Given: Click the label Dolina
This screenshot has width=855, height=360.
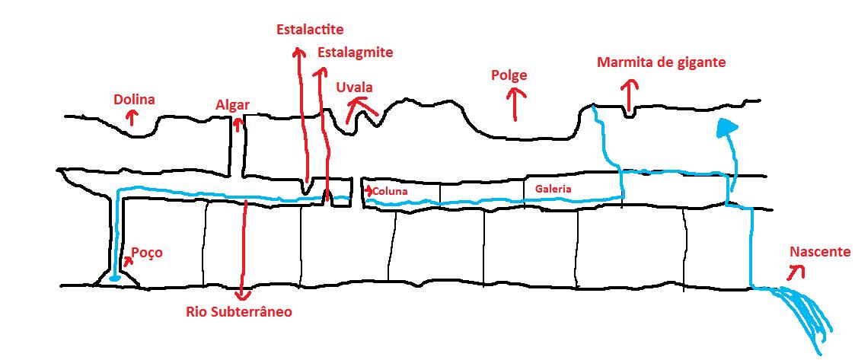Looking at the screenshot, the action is pos(134,100).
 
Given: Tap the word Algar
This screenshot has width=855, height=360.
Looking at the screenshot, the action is pos(233,105).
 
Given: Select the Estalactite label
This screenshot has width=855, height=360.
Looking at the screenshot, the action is pos(311,29).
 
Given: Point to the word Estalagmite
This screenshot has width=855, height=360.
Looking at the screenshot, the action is pos(355,53).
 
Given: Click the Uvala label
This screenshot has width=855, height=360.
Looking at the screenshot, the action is pos(354,88).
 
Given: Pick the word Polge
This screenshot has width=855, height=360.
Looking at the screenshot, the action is pos(509,75).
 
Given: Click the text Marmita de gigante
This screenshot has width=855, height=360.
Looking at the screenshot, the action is pos(662,62).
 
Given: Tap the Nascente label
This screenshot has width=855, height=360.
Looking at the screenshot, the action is pos(820,252).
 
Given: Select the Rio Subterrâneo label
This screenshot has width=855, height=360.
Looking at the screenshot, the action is pos(239,313).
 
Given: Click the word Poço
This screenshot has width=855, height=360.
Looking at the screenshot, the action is pos(147,253).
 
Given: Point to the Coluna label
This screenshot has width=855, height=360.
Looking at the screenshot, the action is pos(390,192).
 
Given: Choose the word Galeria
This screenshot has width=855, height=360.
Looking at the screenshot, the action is pos(553,189).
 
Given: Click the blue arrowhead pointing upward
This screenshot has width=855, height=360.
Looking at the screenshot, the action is pos(726,128).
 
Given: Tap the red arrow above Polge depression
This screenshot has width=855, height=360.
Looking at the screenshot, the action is pos(514,104).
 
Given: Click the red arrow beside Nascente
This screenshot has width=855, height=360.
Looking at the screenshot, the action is pos(798,270).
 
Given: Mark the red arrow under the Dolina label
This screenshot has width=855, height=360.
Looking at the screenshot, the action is pos(131,116).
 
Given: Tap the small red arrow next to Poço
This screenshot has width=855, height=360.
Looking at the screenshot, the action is pos(128,261).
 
